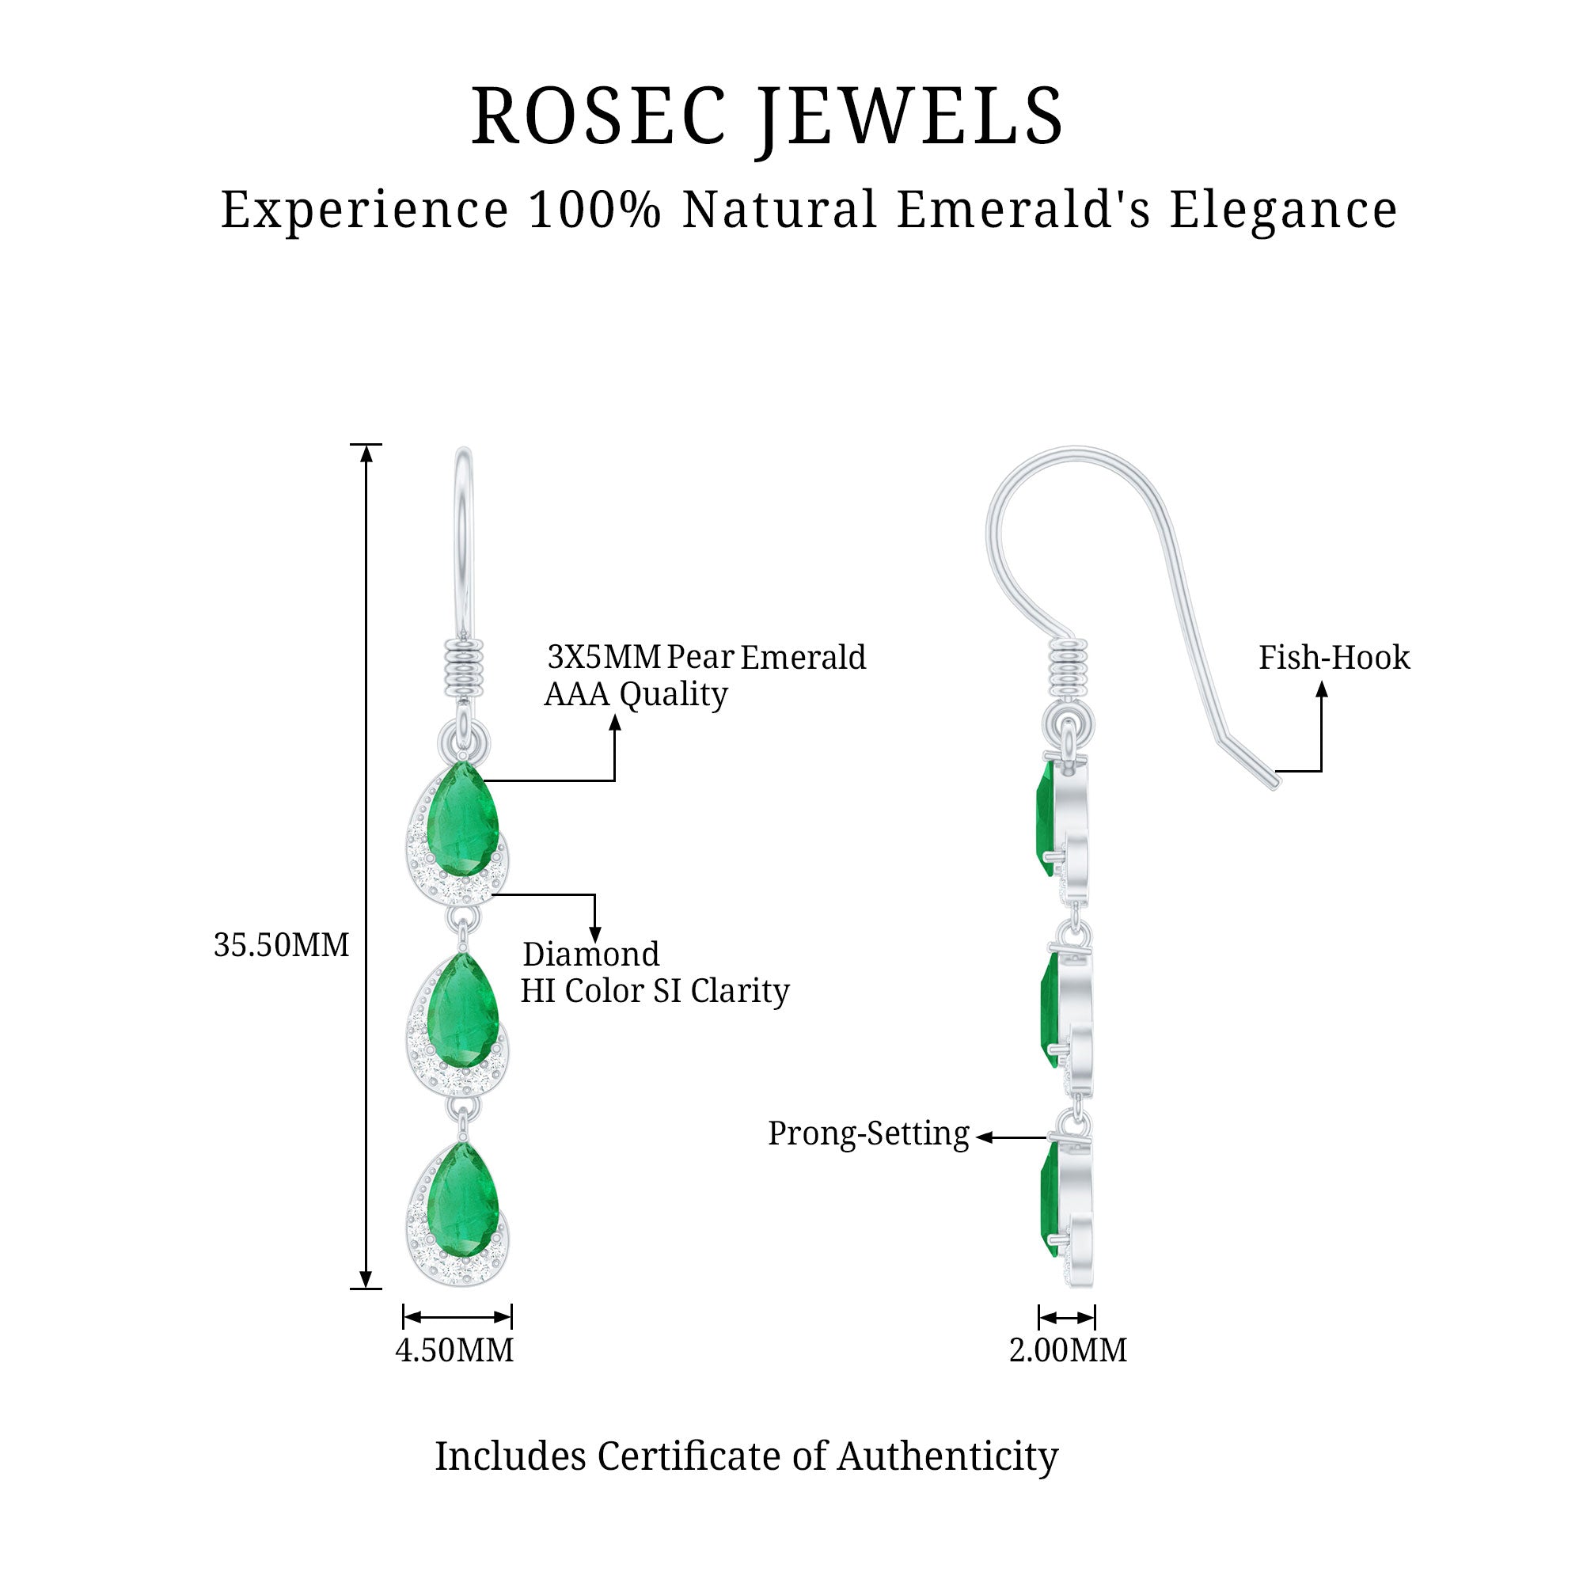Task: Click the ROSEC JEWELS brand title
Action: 767,117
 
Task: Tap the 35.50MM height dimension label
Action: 281,945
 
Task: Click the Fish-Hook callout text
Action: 1334,658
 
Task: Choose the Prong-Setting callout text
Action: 868,1134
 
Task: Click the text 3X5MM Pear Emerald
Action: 706,657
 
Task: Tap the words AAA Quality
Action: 636,695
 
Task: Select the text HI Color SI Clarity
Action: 655,992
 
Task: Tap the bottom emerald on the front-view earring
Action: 463,1201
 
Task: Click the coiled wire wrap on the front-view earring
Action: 464,668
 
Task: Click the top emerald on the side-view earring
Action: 1046,819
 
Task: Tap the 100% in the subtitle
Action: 595,210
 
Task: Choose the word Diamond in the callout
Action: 590,955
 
